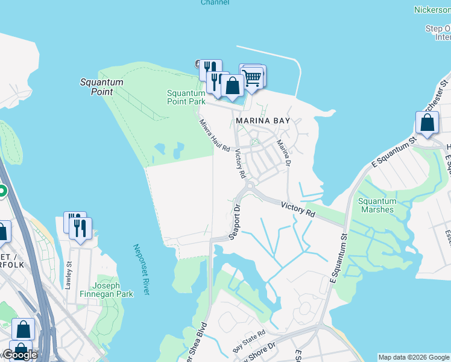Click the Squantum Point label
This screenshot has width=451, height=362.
(102, 87)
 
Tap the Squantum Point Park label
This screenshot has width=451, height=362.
(186, 97)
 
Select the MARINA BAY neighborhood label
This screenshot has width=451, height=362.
(263, 121)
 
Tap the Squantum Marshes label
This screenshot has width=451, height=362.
(377, 206)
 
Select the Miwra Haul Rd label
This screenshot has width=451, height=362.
(215, 135)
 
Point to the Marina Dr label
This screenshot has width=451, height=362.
(284, 154)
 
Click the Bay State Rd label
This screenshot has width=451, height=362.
(249, 341)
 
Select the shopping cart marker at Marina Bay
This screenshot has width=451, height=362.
(253, 77)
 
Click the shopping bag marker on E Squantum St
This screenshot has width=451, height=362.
(427, 123)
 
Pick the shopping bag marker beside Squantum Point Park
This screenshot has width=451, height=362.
(232, 86)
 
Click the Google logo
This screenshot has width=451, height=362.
(19, 355)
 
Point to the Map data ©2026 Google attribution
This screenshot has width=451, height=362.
(414, 357)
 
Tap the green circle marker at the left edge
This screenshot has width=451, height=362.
(2, 192)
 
